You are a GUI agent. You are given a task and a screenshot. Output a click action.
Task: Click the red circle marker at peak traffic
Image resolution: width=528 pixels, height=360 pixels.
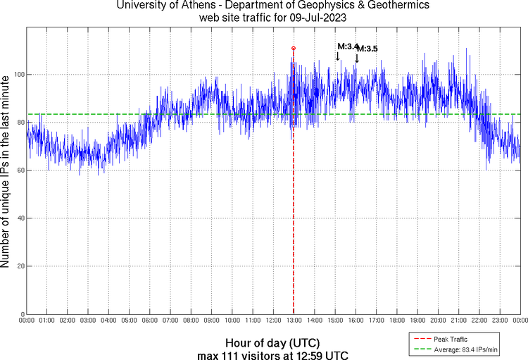tap(293, 48)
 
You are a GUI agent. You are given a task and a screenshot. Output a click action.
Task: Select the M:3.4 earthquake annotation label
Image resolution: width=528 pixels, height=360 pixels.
tap(347, 46)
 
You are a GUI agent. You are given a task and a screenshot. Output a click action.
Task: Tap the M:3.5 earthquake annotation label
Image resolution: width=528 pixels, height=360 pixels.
tap(367, 49)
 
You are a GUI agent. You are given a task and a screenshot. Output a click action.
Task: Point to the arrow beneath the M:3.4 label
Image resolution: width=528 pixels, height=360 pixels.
tap(337, 56)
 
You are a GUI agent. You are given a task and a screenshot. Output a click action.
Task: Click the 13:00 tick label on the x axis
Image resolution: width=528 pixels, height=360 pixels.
tap(293, 321)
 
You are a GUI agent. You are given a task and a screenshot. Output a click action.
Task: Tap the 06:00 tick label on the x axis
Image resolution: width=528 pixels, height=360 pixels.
tap(149, 321)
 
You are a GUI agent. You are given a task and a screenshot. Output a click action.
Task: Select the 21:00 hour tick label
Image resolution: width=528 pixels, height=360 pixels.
tap(458, 321)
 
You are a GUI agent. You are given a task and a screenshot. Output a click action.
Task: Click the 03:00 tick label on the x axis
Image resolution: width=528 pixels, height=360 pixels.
tap(87, 321)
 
